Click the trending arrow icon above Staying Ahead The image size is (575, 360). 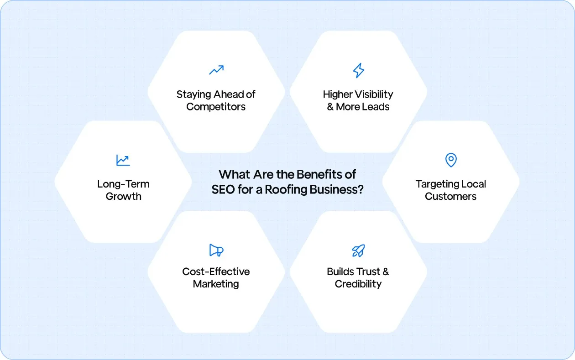216,70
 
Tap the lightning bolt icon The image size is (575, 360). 359,70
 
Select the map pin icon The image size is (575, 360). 451,160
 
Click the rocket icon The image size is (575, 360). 358,250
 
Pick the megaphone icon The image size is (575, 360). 216,250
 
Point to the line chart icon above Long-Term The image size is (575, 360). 123,160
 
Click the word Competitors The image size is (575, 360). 216,107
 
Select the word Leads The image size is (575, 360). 376,107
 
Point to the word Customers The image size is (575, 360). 450,197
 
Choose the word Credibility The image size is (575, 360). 358,284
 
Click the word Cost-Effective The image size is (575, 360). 216,271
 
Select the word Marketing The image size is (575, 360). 216,284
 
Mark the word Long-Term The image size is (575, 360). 123,184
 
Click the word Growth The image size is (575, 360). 123,197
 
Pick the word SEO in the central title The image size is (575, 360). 223,190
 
